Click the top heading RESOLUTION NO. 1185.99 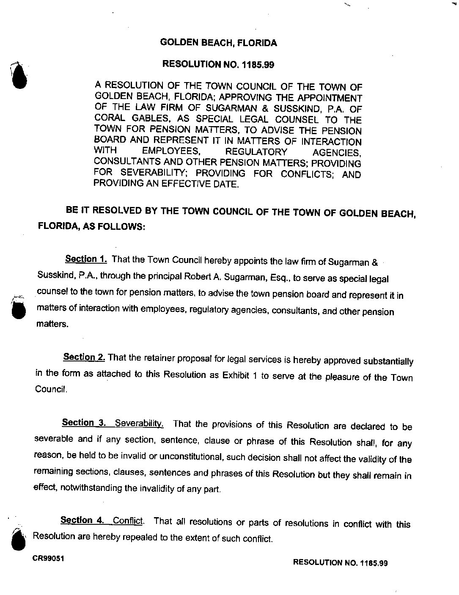(219, 65)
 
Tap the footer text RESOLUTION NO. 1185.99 (340, 562)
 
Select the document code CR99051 (48, 558)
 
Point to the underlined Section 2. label (84, 357)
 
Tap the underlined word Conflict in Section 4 (129, 521)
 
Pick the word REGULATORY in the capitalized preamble (256, 152)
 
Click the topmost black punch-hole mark (18, 75)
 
